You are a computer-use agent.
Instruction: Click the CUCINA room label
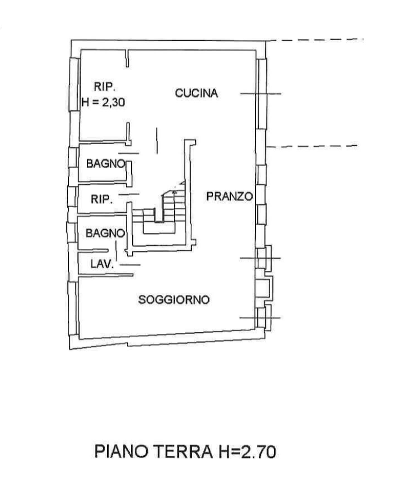tap(196, 93)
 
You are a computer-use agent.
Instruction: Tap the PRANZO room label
tap(229, 197)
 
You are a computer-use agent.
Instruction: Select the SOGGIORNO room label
tap(174, 300)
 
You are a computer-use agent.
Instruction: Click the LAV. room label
tap(102, 264)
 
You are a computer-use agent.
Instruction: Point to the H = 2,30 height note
tap(103, 102)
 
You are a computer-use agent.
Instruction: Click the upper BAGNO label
tap(106, 164)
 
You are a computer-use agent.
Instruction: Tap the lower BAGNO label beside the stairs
tap(105, 233)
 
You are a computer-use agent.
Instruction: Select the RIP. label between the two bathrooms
tap(102, 199)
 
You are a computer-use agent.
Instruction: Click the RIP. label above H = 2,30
tap(104, 87)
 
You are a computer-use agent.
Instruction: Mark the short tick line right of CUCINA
tap(261, 94)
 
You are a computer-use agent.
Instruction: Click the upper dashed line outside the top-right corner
tap(315, 40)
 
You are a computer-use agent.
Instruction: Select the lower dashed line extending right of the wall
tap(312, 146)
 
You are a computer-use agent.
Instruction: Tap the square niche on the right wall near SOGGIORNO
tap(263, 287)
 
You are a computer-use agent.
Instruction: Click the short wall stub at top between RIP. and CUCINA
tap(128, 58)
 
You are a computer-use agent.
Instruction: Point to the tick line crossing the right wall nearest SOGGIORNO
tap(260, 318)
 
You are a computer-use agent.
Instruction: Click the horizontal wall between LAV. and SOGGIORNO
tap(106, 275)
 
